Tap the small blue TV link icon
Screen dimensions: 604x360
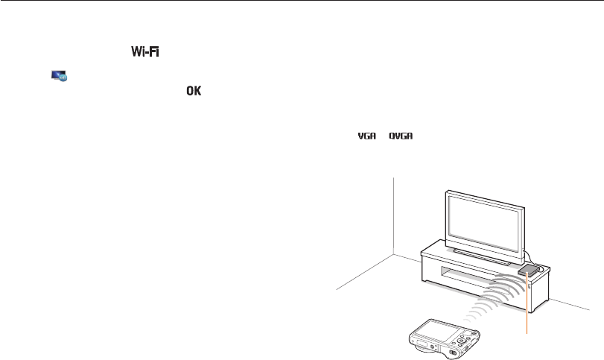[59, 75]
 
